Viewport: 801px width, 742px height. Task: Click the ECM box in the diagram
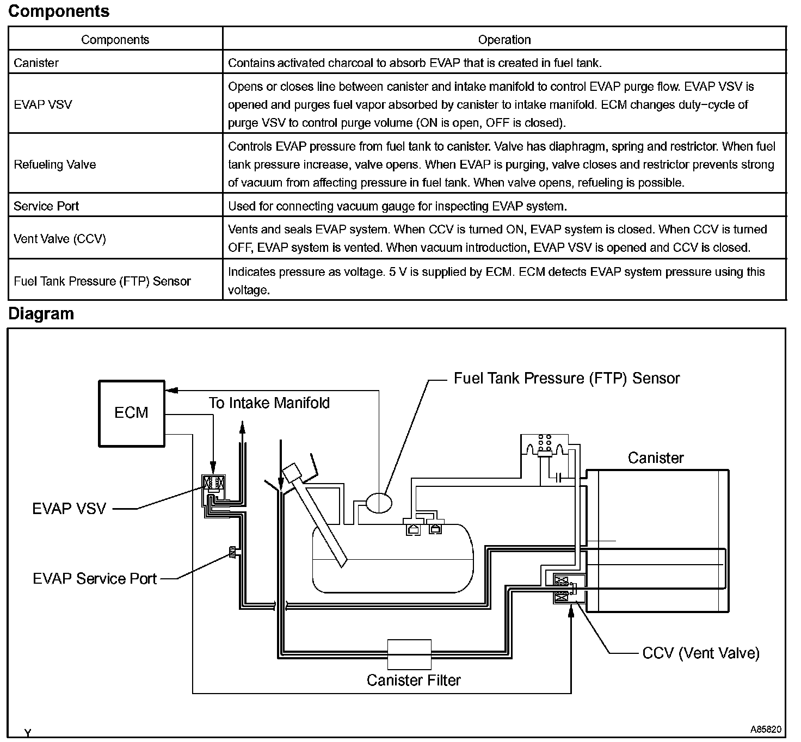click(x=131, y=413)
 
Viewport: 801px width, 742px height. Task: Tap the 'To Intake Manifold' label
click(x=269, y=403)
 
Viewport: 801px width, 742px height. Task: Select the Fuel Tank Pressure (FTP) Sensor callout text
click(x=566, y=379)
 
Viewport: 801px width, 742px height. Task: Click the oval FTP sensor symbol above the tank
click(x=378, y=502)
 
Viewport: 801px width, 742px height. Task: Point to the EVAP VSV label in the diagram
click(x=69, y=509)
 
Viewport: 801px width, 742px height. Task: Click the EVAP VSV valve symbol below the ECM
click(x=214, y=483)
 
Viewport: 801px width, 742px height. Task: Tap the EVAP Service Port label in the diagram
click(x=95, y=578)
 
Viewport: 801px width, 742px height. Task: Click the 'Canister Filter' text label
click(x=414, y=680)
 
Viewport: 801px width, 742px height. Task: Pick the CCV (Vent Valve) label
click(x=701, y=653)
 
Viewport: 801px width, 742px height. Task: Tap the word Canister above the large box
click(x=655, y=457)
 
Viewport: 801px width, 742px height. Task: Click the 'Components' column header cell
click(x=115, y=40)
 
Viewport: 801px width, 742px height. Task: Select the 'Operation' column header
click(x=504, y=40)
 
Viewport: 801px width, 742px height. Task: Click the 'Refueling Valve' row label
click(x=54, y=165)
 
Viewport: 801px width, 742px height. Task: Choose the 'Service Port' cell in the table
click(x=46, y=206)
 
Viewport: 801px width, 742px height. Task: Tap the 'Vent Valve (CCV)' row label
click(x=60, y=239)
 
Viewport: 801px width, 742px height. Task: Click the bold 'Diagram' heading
click(x=41, y=314)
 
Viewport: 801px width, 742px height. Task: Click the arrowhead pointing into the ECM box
click(x=171, y=389)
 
